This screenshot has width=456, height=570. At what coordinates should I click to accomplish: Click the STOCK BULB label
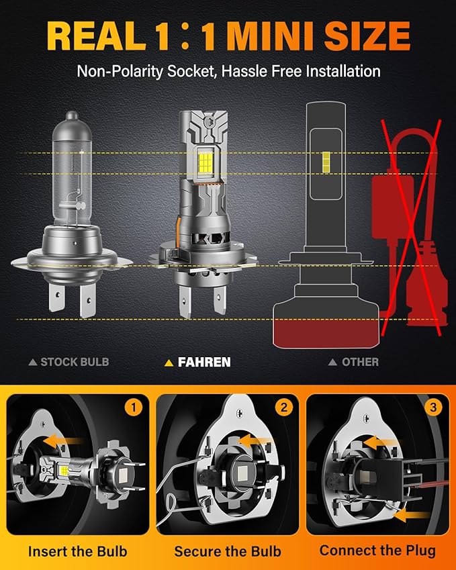(74, 362)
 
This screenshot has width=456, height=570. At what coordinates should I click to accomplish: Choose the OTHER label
(360, 362)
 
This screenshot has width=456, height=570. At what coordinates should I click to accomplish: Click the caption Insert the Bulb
(77, 551)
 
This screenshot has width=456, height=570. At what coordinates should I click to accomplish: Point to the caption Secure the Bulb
(228, 551)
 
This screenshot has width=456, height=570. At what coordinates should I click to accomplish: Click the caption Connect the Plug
(377, 551)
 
